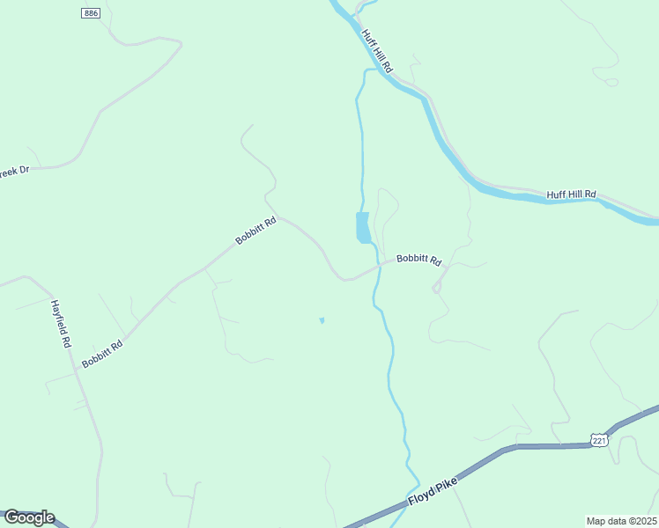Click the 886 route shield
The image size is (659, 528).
(x=90, y=13)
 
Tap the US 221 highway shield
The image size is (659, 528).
(x=599, y=439)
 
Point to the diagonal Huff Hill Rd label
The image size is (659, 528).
(x=376, y=51)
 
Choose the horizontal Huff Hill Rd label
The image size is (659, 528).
(x=571, y=194)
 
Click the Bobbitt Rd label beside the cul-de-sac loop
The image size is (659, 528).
(x=418, y=259)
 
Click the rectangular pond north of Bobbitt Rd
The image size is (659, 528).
(x=362, y=227)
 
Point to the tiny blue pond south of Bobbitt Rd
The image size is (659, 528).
(x=322, y=320)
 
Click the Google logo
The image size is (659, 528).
(x=29, y=517)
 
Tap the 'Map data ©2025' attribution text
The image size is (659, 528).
(x=620, y=521)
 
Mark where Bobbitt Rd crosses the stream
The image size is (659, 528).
(x=380, y=264)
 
